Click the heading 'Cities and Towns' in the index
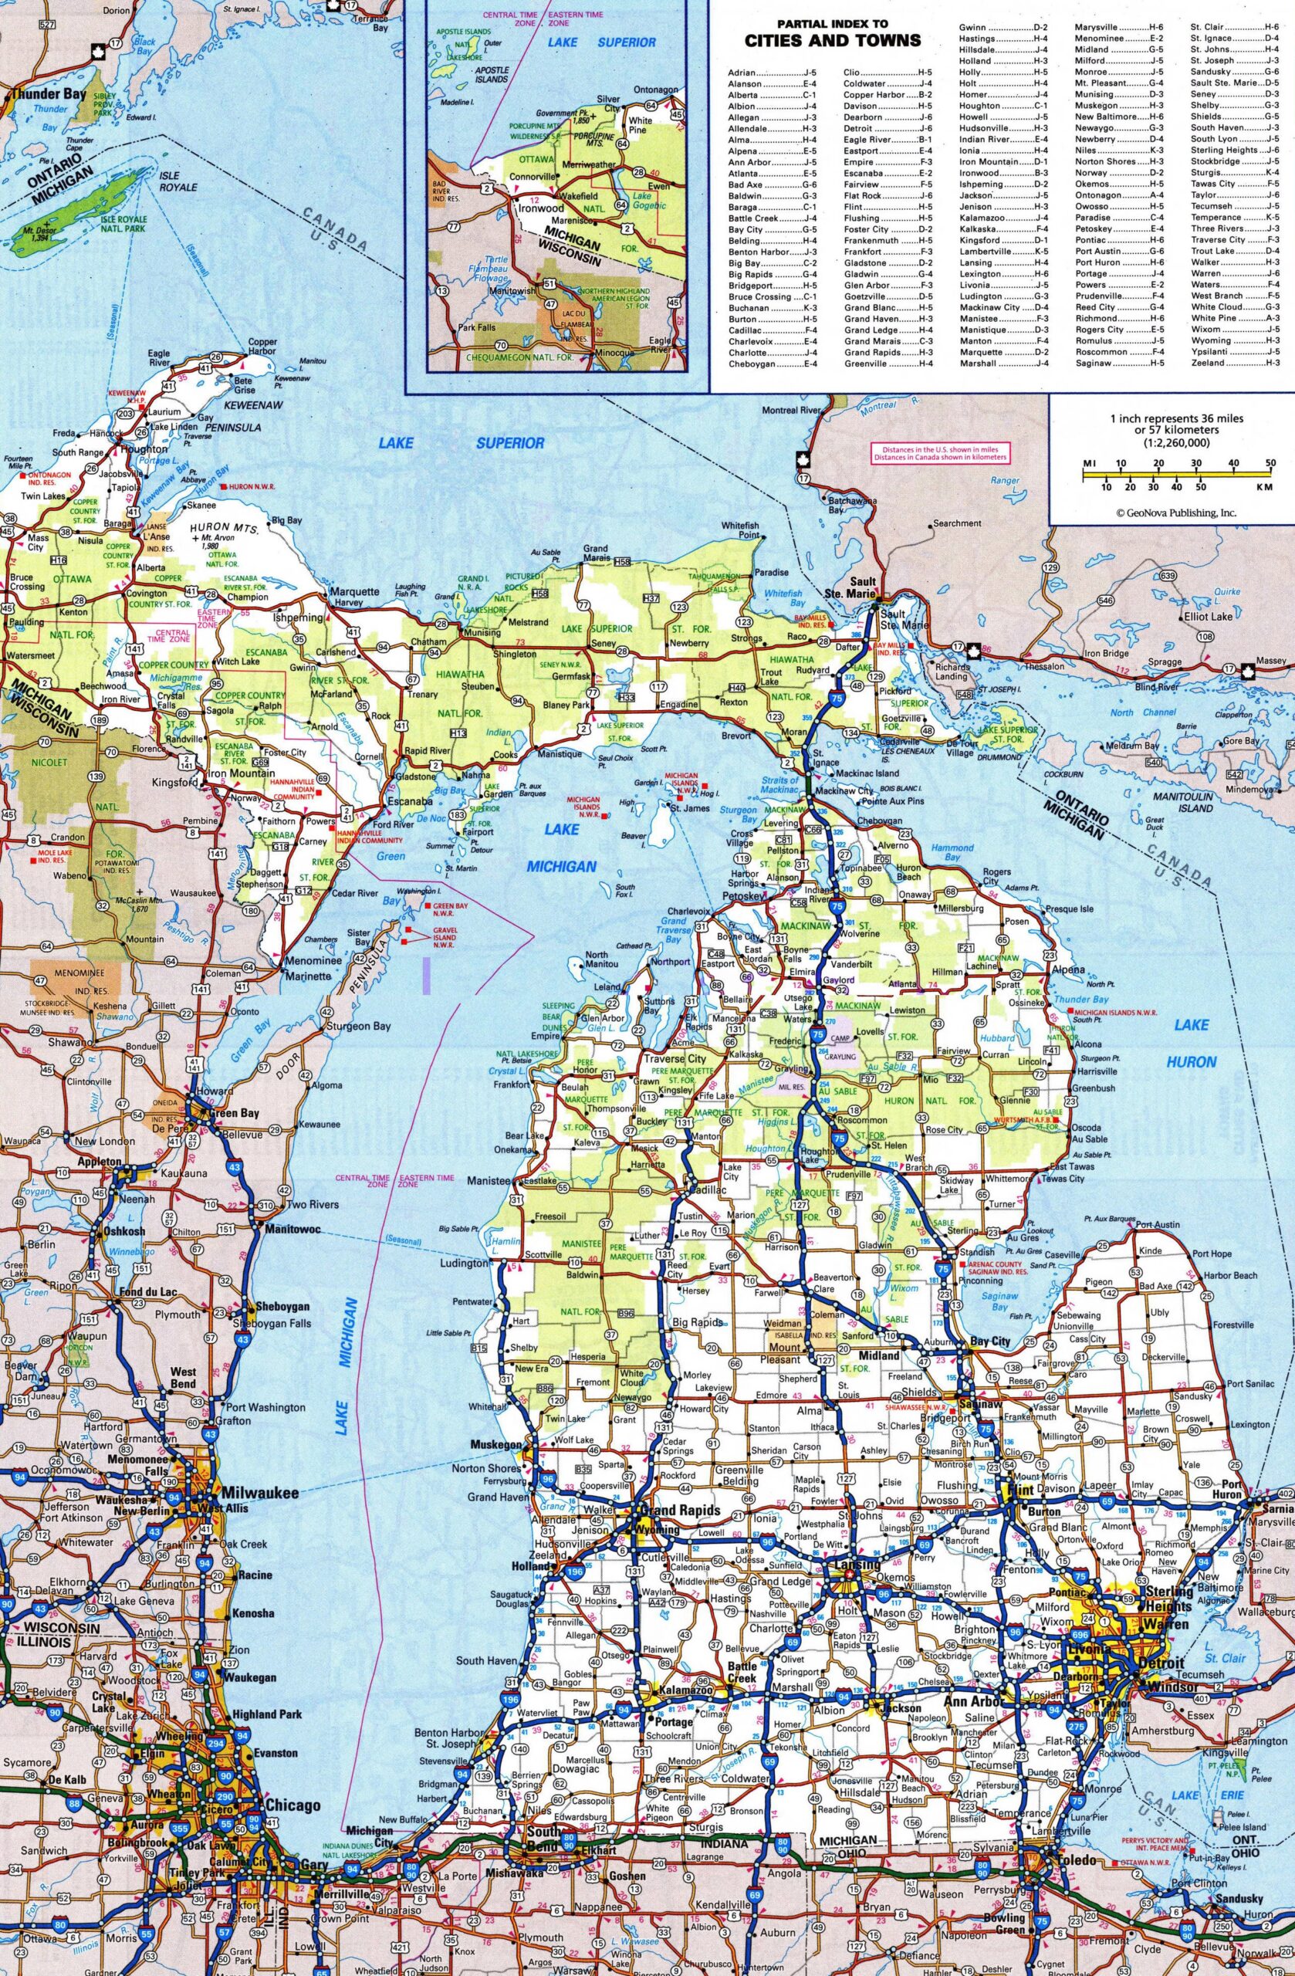(x=833, y=40)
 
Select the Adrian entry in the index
(x=742, y=73)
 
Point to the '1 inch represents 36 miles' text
(x=1177, y=418)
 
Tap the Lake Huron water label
(x=1192, y=1043)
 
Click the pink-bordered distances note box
(x=939, y=452)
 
